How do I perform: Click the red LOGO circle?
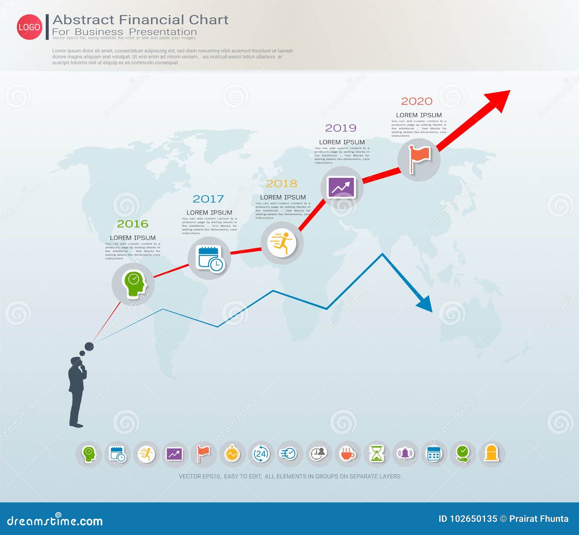(x=29, y=27)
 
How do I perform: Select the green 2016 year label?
(x=132, y=224)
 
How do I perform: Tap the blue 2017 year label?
(x=208, y=199)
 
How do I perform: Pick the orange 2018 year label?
(x=282, y=184)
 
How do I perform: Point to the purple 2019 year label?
(x=341, y=128)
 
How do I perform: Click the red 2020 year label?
(x=417, y=101)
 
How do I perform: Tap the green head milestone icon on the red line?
(x=134, y=284)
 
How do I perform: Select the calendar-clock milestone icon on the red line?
(x=210, y=258)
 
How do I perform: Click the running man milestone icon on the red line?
(x=282, y=243)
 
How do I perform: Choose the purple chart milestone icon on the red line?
(x=341, y=187)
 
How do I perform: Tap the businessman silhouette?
(x=77, y=391)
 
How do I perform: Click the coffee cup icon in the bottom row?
(x=347, y=454)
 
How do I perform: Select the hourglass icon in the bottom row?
(x=376, y=454)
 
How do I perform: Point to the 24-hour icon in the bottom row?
(x=261, y=454)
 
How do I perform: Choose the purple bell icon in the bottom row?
(x=405, y=454)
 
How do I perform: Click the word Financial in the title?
(x=152, y=20)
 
